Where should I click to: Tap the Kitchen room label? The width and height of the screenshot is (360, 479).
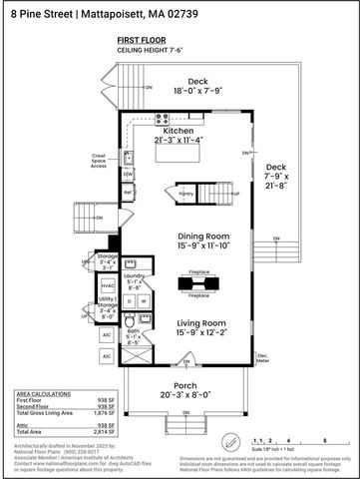tap(179, 131)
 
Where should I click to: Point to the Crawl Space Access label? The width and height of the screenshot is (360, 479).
tap(99, 161)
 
